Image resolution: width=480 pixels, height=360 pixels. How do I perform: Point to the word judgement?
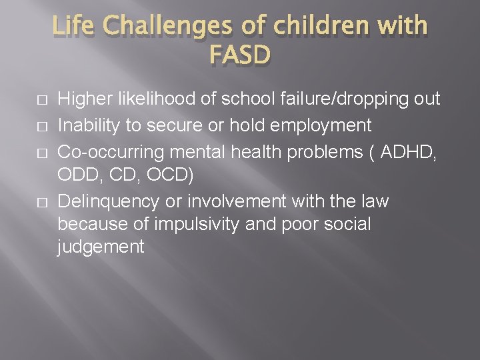(101, 247)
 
